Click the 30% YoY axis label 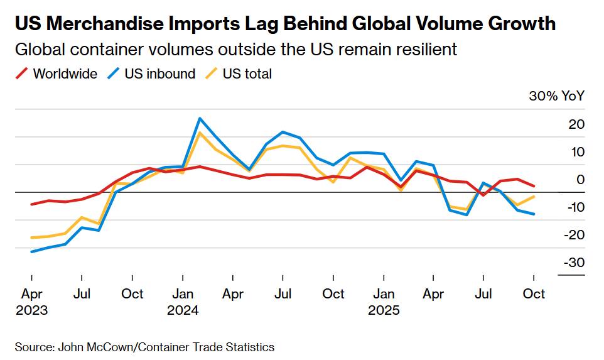point(556,96)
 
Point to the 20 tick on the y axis point(576,124)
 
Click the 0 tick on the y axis point(580,180)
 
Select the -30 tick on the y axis point(574,263)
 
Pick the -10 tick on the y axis point(574,207)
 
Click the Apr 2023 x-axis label point(31,301)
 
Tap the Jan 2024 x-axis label point(183,301)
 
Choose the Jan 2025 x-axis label point(384,301)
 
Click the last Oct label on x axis point(534,293)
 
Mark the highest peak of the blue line point(200,118)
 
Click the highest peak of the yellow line point(200,133)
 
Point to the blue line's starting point point(31,252)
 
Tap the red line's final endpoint point(534,186)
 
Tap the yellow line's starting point point(31,238)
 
